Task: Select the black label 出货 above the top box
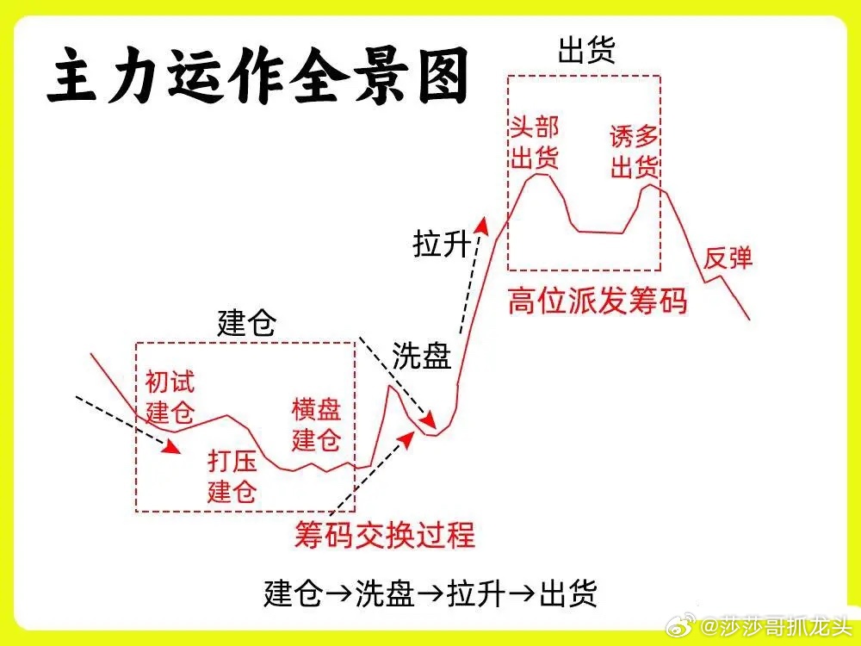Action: click(x=585, y=50)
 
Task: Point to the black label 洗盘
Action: click(x=422, y=356)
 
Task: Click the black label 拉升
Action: click(x=442, y=245)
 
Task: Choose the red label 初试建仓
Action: click(x=170, y=395)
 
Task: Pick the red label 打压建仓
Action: click(x=232, y=476)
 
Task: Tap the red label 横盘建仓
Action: click(x=317, y=424)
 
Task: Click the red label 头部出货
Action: click(x=535, y=143)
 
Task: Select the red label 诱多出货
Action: click(x=635, y=152)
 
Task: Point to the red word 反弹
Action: click(x=728, y=257)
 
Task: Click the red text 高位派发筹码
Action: click(x=597, y=301)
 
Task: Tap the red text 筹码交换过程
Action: click(x=384, y=534)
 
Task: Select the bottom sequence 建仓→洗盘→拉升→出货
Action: click(x=430, y=593)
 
